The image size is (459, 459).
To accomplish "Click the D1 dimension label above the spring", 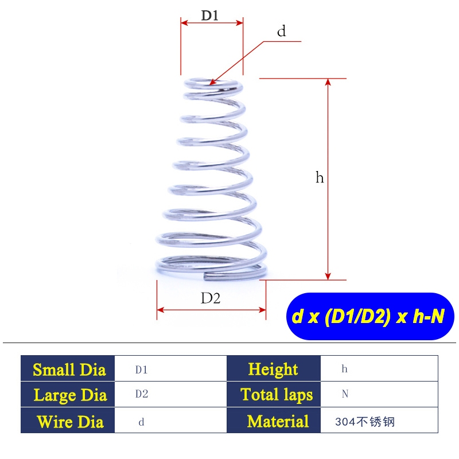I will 209,15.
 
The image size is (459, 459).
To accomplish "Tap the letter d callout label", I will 281,32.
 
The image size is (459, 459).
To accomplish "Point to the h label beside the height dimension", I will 320,178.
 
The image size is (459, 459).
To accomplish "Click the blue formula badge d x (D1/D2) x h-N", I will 368,317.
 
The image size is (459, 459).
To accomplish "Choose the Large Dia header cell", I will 69,395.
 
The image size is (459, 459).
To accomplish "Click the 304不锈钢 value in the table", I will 365,423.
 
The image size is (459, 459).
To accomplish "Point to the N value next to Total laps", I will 345,395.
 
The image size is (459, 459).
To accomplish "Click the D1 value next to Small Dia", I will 142,370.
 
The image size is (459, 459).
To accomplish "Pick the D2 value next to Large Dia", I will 142,395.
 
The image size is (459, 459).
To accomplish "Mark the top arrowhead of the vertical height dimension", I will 328,82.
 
